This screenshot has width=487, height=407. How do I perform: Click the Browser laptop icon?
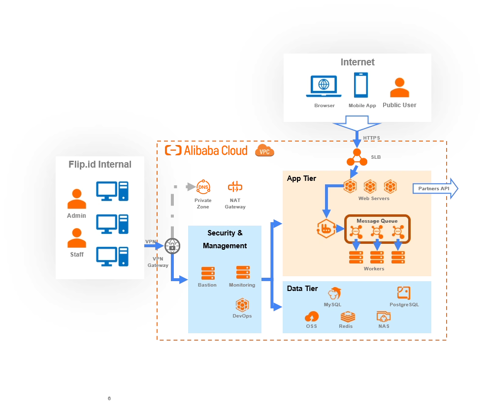point(324,87)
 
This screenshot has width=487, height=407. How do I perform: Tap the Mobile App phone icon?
point(361,85)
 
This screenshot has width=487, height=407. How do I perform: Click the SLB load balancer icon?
point(357,157)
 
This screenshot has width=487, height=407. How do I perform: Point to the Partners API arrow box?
point(435,189)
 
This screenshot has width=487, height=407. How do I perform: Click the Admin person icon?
point(76,199)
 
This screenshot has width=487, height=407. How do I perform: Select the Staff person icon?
point(76,238)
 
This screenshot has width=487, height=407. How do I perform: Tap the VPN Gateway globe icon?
point(172,246)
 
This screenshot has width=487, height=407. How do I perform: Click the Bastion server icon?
point(208,273)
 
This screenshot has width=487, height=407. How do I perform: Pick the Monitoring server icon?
point(243,272)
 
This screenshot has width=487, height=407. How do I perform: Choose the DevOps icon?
point(242,305)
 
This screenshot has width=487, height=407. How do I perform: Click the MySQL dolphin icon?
point(335,293)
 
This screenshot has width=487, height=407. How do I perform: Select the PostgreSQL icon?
point(404,293)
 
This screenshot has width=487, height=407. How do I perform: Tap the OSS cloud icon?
point(312,316)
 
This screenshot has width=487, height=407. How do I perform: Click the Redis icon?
point(347,316)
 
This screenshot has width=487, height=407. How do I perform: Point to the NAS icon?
point(384,316)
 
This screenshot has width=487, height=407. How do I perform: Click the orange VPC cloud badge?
point(264,151)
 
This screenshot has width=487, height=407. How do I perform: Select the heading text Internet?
point(357,62)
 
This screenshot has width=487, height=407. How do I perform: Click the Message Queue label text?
point(377,221)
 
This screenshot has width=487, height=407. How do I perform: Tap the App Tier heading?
point(301,178)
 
